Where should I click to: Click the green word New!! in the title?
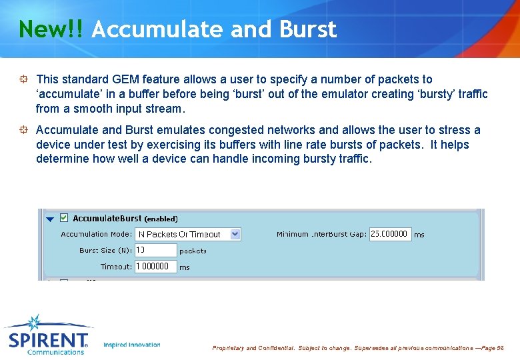(x=51, y=29)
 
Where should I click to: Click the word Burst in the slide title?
(x=308, y=29)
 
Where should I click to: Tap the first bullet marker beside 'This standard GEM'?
(x=23, y=79)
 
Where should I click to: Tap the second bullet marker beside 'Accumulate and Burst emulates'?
(x=23, y=130)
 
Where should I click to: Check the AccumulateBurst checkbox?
(x=64, y=217)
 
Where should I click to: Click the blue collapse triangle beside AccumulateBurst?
(x=50, y=219)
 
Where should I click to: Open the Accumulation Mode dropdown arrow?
(x=235, y=234)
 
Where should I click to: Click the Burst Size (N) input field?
(x=155, y=250)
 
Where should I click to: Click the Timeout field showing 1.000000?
(x=155, y=266)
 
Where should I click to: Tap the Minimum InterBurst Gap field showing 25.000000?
(x=390, y=234)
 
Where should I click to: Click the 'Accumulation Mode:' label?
(x=96, y=234)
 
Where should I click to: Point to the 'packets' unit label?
(x=193, y=251)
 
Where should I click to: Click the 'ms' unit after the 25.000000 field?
(x=419, y=235)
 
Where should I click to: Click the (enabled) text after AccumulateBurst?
(x=161, y=219)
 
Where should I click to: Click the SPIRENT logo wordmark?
(x=48, y=340)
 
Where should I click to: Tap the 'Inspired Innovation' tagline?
(x=132, y=345)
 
